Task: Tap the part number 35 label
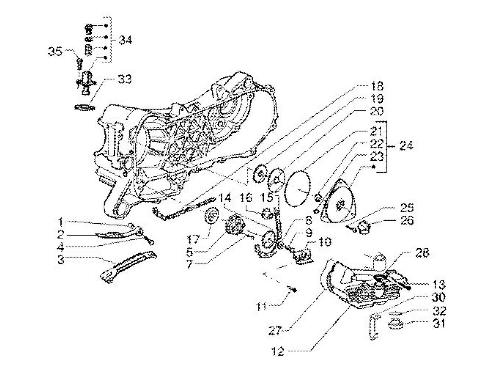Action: click(55, 52)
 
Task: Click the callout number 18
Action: click(376, 86)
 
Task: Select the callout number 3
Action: click(62, 259)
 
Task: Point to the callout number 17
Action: click(193, 239)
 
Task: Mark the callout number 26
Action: click(406, 220)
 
